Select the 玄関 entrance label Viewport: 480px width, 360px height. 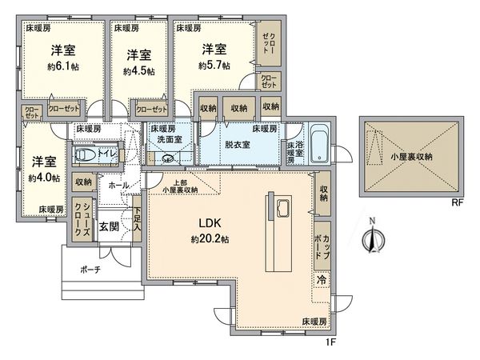(109, 226)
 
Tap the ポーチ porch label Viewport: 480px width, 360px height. (90, 270)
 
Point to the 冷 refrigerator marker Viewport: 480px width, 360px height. (322, 280)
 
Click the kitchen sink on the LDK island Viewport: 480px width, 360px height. (284, 210)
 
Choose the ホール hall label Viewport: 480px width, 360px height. (118, 185)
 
